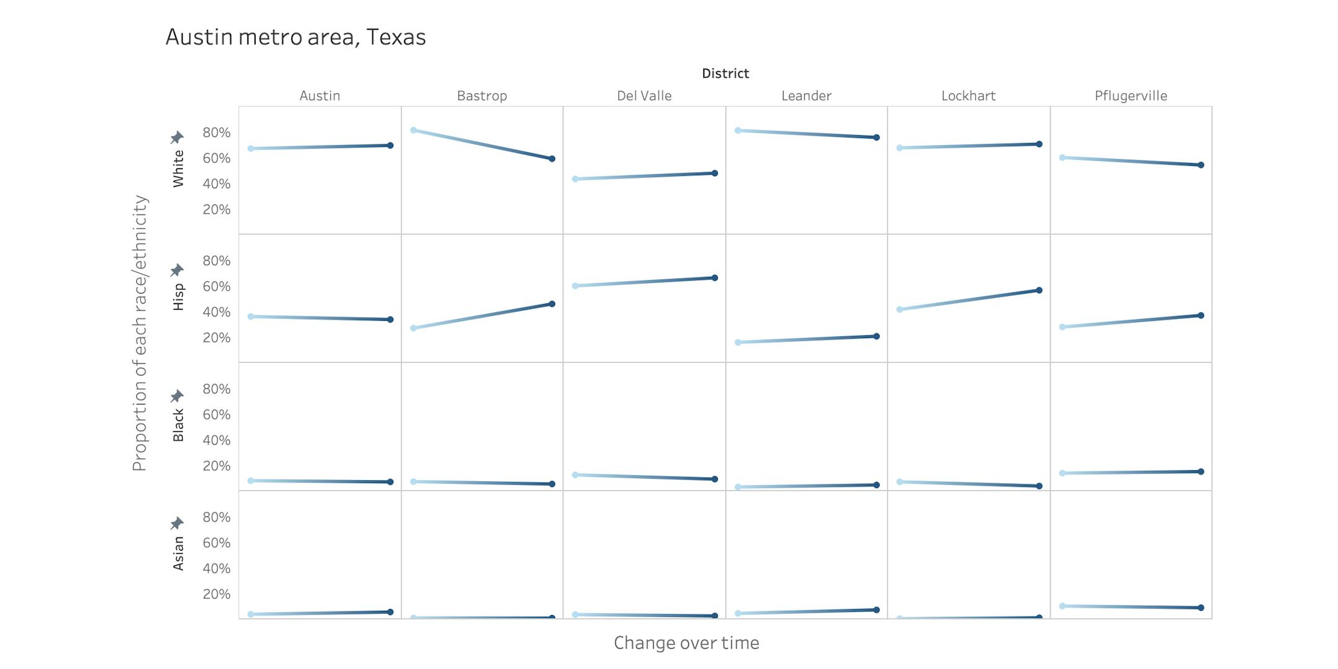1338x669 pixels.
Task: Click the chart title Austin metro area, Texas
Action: click(x=295, y=37)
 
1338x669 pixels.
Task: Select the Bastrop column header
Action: click(x=482, y=96)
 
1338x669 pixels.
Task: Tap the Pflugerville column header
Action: click(x=1130, y=96)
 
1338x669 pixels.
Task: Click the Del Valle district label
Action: click(x=644, y=96)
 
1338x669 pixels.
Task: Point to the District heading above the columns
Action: click(x=725, y=74)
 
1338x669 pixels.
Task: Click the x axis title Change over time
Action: click(x=686, y=643)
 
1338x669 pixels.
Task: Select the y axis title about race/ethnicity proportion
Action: click(x=140, y=333)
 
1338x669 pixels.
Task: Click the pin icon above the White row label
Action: click(x=177, y=137)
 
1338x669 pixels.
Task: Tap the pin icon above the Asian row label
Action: click(x=177, y=523)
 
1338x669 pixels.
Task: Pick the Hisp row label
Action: click(x=178, y=297)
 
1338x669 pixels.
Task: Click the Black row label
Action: click(x=178, y=425)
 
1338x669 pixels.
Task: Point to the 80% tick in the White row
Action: click(x=216, y=133)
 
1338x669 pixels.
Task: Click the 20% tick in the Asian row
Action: click(x=216, y=594)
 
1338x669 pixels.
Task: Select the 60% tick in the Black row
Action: click(x=216, y=414)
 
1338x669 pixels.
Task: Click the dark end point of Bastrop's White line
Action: click(x=552, y=159)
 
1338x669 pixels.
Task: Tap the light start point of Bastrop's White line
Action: click(x=413, y=130)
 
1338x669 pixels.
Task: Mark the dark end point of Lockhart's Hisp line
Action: click(x=1039, y=291)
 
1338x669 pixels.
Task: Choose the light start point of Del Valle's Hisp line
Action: click(x=575, y=286)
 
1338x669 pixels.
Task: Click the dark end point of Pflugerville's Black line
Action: click(x=1201, y=472)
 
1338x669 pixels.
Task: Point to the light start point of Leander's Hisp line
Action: click(x=738, y=343)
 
